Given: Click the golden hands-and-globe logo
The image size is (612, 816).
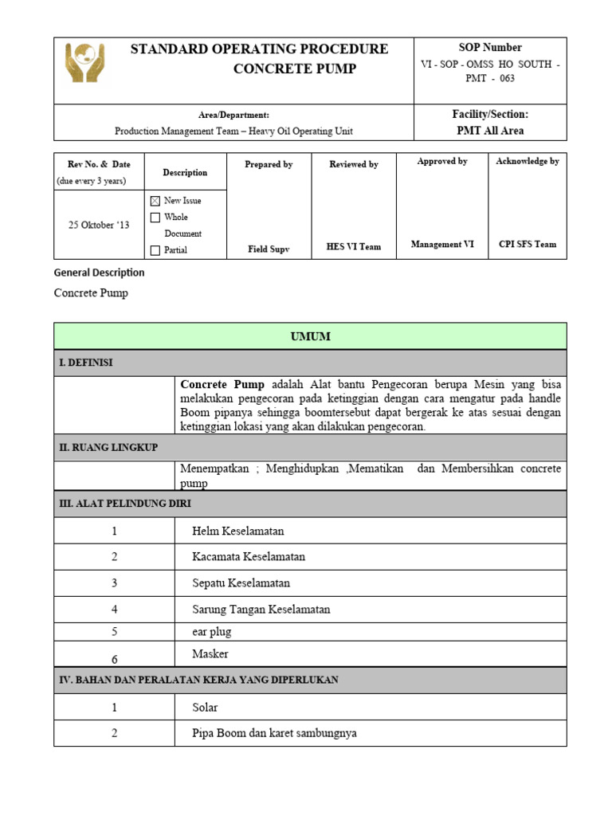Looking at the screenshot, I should [x=85, y=63].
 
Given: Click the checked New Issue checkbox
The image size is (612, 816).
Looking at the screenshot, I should [x=155, y=201].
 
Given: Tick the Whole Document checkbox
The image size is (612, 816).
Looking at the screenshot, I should [x=155, y=218].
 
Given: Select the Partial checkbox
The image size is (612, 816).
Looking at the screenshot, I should [x=155, y=250].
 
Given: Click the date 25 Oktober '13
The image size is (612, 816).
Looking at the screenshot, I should [x=99, y=225].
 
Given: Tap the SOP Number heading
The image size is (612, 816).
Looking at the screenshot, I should [x=490, y=47].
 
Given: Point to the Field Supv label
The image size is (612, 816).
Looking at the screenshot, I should [x=269, y=249].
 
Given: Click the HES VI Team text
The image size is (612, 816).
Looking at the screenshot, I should [x=354, y=247].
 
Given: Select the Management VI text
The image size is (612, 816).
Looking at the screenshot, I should [x=442, y=245].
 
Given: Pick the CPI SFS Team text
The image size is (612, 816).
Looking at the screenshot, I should [x=528, y=245].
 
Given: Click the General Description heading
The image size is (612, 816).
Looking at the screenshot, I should [x=100, y=273].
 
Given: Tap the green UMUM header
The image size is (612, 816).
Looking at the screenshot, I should [x=310, y=337].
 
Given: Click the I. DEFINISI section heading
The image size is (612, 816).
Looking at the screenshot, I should [x=86, y=363].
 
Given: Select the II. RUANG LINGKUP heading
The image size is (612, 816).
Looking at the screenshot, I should [x=108, y=448].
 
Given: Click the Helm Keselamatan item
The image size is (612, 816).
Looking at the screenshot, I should [x=237, y=531].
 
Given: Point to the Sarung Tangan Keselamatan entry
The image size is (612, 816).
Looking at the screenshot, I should [x=261, y=610].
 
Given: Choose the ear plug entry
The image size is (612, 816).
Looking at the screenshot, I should [x=212, y=632].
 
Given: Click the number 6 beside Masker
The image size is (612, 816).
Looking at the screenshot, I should [x=114, y=659].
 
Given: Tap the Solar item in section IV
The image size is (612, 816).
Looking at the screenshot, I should [x=205, y=708].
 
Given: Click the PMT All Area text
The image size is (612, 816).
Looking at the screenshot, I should [x=490, y=131].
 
